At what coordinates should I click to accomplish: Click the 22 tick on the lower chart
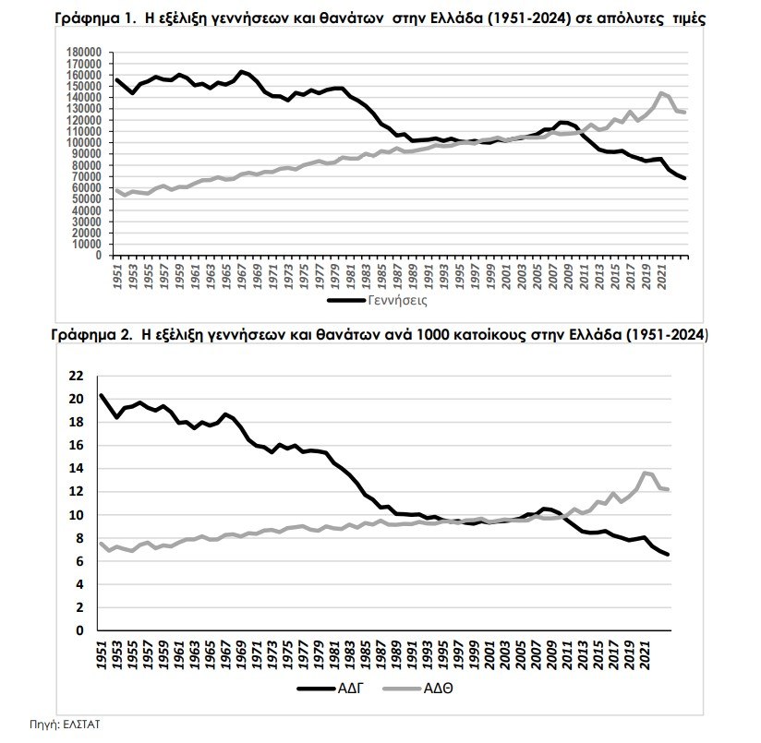click(77, 376)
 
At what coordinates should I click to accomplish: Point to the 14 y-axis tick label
click(77, 468)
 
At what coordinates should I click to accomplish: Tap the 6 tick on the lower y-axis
click(79, 561)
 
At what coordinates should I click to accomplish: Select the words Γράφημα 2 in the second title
click(90, 335)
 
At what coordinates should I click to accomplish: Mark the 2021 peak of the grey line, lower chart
click(645, 473)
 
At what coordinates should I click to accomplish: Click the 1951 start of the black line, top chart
click(116, 79)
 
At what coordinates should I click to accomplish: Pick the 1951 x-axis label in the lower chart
click(102, 651)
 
